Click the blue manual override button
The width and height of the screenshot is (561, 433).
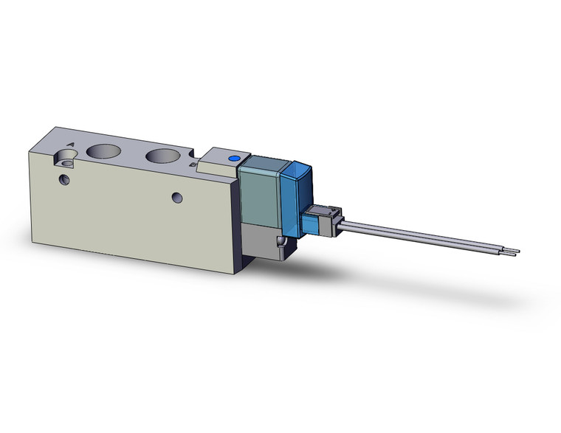[234, 158]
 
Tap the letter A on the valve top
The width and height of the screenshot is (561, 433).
[70, 145]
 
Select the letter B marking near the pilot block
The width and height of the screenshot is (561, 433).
[192, 166]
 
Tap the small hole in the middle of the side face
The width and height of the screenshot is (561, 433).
[176, 197]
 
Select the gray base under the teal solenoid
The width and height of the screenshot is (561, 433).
[262, 243]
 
